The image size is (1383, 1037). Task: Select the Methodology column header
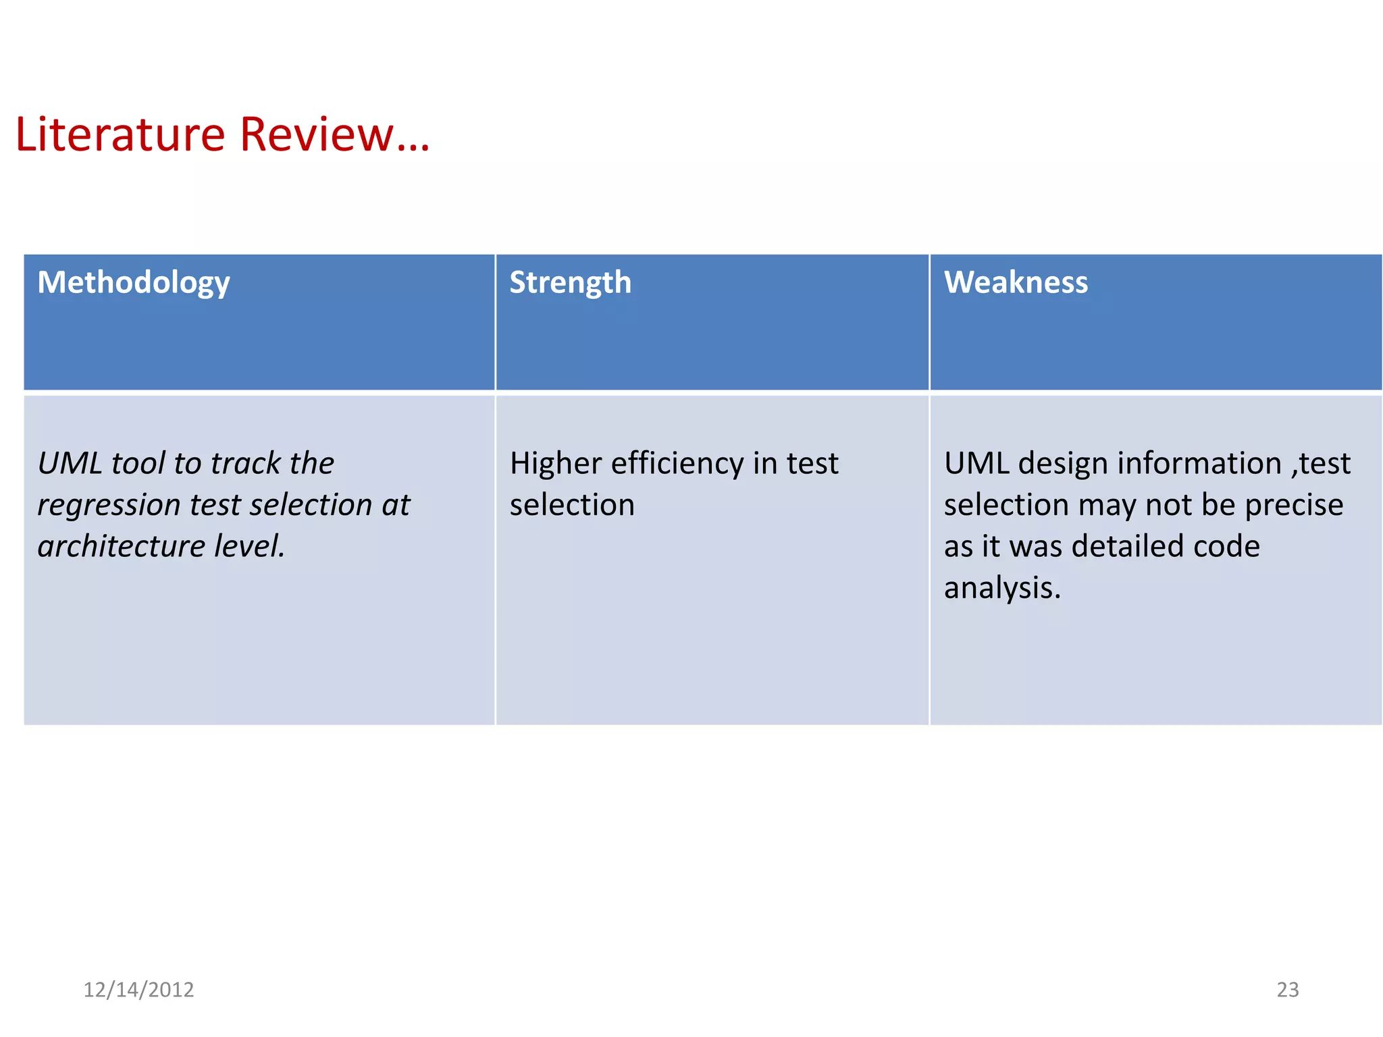pos(134,282)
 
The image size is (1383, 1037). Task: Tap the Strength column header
pos(570,282)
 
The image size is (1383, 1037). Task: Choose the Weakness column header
pos(1016,282)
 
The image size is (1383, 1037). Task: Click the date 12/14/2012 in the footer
pos(138,989)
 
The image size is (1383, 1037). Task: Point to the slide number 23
pos(1287,989)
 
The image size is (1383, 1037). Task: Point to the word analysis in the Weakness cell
pos(1001,588)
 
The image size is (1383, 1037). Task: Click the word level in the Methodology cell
pos(249,546)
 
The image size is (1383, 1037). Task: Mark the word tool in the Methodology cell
pos(138,464)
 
